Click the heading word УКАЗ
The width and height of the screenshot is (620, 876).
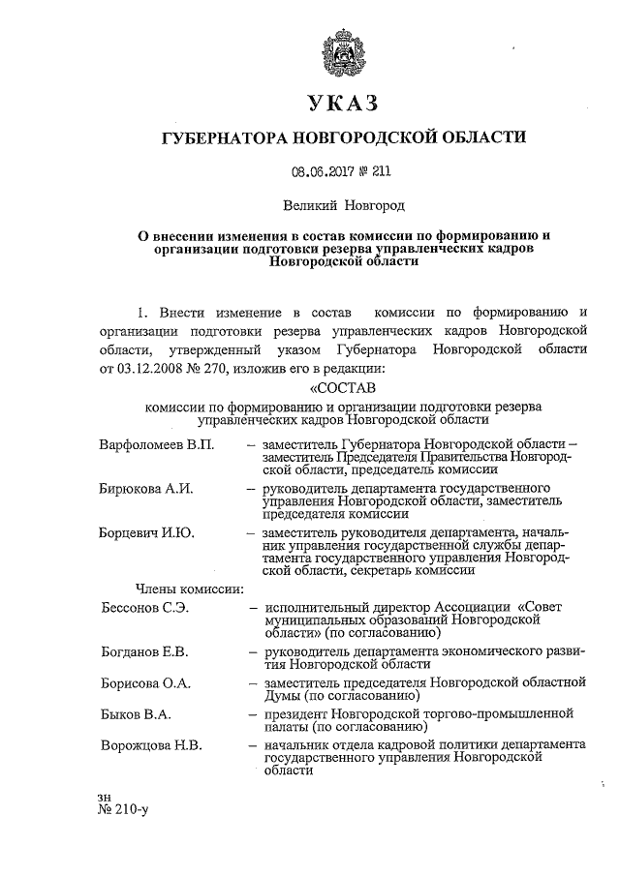(343, 103)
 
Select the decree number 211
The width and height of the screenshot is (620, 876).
(381, 171)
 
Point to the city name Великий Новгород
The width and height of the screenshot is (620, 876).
(343, 205)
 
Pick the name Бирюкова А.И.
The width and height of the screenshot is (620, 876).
(146, 487)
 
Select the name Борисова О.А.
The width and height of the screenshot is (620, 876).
(146, 683)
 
